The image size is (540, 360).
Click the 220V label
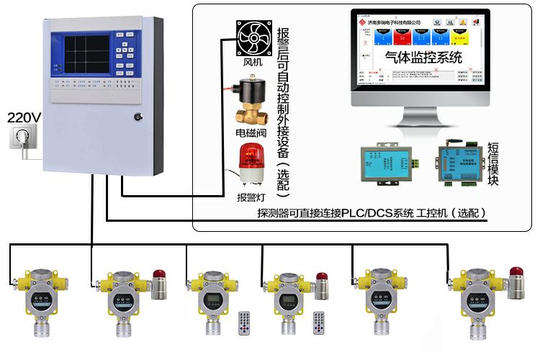[24, 116]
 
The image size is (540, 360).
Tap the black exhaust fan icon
[256, 37]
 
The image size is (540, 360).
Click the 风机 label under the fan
[256, 67]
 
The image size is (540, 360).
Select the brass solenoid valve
[253, 103]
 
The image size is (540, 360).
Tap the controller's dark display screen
[87, 55]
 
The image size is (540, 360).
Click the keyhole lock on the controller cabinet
[138, 116]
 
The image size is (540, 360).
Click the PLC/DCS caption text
[372, 213]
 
